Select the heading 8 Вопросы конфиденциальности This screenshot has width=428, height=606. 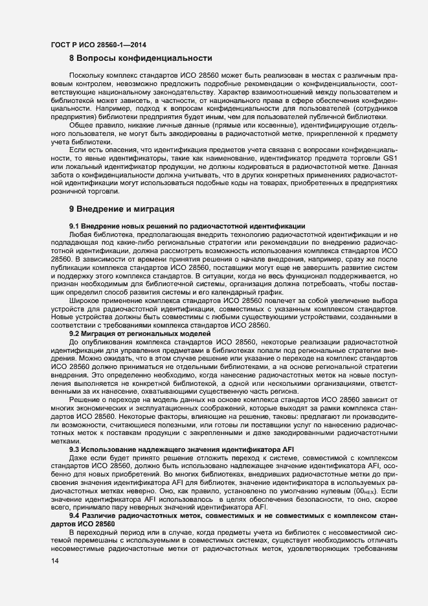(141, 58)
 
